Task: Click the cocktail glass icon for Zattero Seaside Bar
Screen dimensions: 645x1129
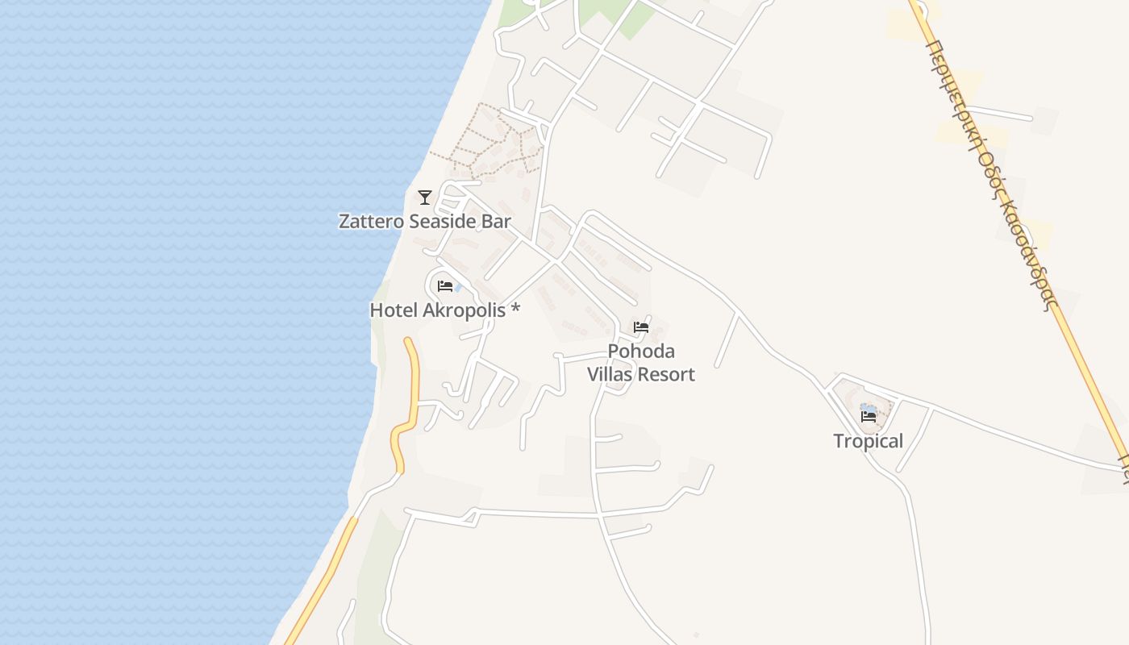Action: [x=425, y=197]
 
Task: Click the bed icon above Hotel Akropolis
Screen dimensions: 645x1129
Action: [x=444, y=286]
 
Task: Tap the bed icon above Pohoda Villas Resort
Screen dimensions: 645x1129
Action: [x=641, y=327]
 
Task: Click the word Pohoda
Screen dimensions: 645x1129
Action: [x=641, y=352]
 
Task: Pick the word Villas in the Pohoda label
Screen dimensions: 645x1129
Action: [x=610, y=374]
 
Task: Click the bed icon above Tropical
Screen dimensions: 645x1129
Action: [x=869, y=417]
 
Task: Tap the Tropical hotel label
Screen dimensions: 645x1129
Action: [x=868, y=441]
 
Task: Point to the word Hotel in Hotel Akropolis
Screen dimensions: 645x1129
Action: [x=394, y=310]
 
